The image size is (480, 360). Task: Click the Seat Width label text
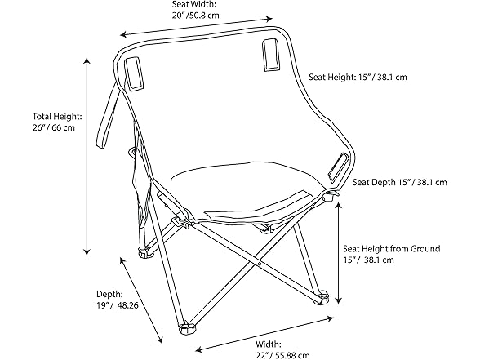(194, 5)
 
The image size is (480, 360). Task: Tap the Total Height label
(57, 116)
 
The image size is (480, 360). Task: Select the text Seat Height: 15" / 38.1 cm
(358, 77)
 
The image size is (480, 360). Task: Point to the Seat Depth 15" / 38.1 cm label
(399, 182)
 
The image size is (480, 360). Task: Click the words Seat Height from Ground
(392, 248)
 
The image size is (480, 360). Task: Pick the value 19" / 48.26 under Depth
(118, 305)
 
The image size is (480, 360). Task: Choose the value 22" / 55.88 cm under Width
(282, 355)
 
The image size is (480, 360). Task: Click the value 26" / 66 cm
(54, 127)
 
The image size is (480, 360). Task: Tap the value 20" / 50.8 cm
(196, 16)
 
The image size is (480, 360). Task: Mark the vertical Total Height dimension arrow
(87, 156)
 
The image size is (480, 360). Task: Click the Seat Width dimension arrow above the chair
(196, 27)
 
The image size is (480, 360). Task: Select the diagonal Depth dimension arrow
(141, 300)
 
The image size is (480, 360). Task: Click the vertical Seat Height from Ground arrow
(338, 253)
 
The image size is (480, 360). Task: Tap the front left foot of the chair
(188, 328)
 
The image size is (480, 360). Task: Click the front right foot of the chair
(321, 299)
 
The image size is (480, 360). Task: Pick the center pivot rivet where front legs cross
(260, 263)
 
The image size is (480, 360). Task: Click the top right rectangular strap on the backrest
(271, 55)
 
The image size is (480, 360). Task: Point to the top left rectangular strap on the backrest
(134, 73)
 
